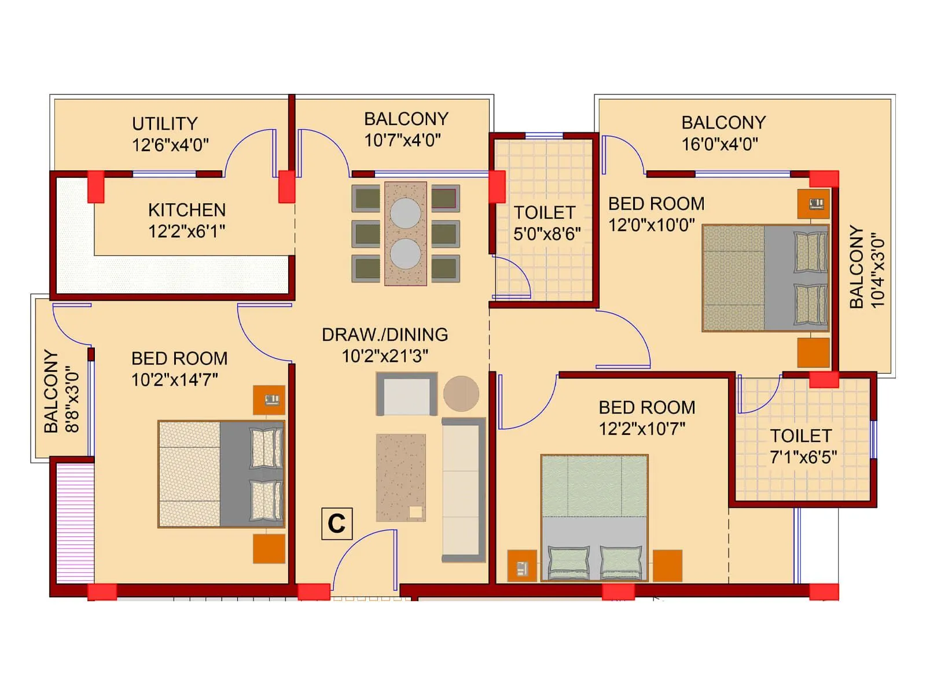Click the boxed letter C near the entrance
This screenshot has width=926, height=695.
point(336,524)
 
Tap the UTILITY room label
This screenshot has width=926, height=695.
point(165,123)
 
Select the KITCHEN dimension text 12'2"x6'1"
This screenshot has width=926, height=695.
point(186,231)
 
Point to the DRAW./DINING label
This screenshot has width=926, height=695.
point(384,335)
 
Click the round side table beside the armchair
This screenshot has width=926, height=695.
point(461,394)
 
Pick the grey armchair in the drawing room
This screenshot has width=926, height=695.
point(407,394)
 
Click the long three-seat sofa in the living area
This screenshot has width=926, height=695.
point(463,490)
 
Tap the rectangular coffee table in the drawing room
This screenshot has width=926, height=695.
point(401,477)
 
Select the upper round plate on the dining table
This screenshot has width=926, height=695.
point(405,213)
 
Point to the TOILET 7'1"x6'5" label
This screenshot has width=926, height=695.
point(802,446)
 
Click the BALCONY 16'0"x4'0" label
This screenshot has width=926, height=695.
point(723,133)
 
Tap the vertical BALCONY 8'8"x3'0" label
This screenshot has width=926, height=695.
point(61,391)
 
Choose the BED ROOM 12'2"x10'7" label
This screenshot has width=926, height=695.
point(646,418)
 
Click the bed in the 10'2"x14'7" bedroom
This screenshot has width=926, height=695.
point(221,474)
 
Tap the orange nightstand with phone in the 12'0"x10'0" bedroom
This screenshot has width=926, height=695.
point(813,204)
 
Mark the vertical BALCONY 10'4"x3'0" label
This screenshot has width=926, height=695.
point(866,268)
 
